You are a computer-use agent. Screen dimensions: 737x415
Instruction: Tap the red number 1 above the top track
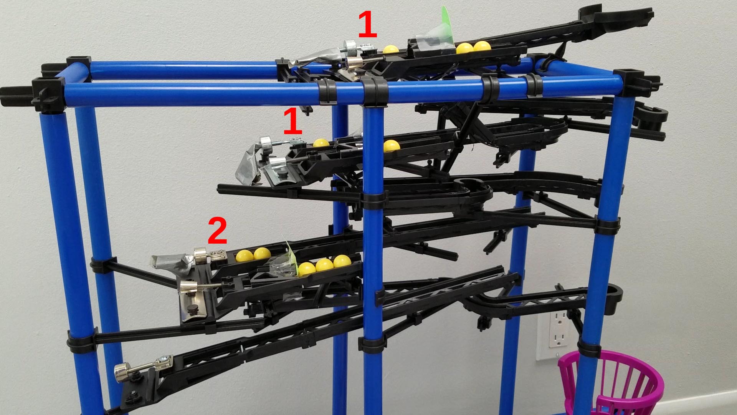[367, 25]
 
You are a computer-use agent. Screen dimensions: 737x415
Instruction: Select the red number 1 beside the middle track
[293, 121]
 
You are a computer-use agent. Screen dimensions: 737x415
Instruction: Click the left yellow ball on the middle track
[321, 143]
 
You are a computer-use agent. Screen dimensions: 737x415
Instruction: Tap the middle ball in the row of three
[324, 264]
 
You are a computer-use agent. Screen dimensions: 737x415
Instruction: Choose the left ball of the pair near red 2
[244, 255]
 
